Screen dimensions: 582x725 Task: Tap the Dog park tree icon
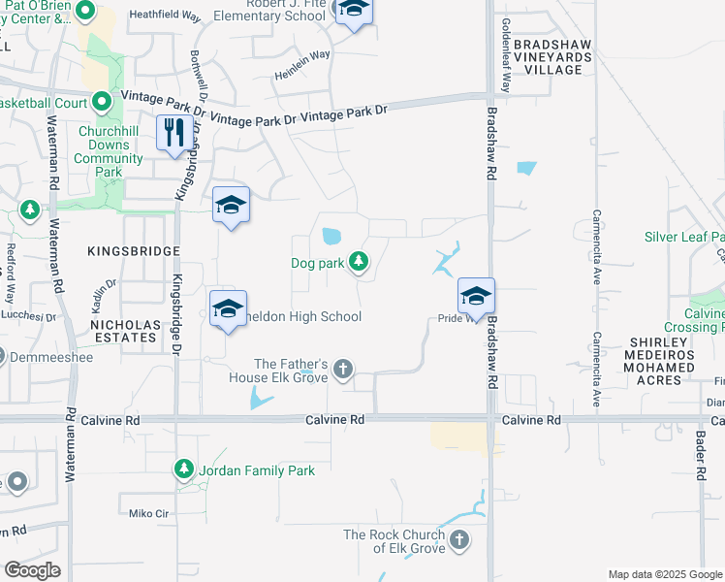[x=359, y=261]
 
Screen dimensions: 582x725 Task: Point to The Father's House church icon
[x=341, y=369]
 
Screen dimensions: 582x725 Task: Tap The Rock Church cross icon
[x=458, y=539]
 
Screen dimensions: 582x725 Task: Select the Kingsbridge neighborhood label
[x=134, y=251]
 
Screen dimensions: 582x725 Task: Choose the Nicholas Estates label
[x=124, y=330]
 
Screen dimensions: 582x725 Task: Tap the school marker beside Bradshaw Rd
[x=476, y=296]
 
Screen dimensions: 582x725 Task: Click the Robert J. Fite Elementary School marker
[x=354, y=10]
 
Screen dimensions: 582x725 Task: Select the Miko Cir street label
[x=148, y=511]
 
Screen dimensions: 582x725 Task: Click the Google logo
[x=33, y=570]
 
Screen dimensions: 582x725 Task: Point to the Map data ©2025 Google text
[x=664, y=574]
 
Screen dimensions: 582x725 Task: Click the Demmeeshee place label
[x=47, y=357]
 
